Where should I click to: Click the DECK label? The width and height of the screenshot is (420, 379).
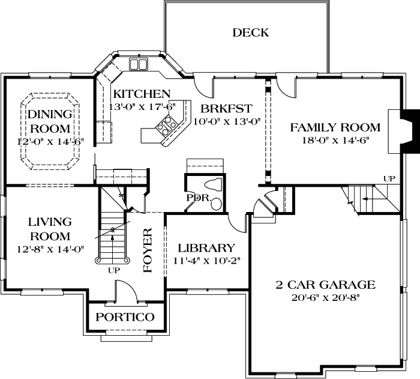[x=251, y=32]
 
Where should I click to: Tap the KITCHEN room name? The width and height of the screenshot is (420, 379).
[x=142, y=94]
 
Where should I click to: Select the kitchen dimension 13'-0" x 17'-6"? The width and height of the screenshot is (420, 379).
[x=142, y=106]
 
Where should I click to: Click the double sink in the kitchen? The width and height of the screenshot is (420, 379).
[x=139, y=64]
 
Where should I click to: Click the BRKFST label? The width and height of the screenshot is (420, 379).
[x=226, y=109]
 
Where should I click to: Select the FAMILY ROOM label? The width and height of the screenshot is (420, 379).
[x=335, y=127]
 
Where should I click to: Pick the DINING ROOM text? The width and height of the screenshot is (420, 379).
[x=50, y=121]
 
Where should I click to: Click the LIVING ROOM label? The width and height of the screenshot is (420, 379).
[x=49, y=229]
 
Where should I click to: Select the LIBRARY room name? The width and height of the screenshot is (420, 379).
[x=206, y=248]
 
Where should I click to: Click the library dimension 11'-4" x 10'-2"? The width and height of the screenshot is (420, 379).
[x=206, y=261]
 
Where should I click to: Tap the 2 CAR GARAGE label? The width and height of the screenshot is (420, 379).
[x=325, y=285]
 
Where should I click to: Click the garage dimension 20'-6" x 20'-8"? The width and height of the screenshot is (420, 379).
[x=325, y=297]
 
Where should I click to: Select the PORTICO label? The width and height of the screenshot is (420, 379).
[x=125, y=317]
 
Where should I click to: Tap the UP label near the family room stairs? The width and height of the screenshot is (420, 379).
[x=389, y=178]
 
